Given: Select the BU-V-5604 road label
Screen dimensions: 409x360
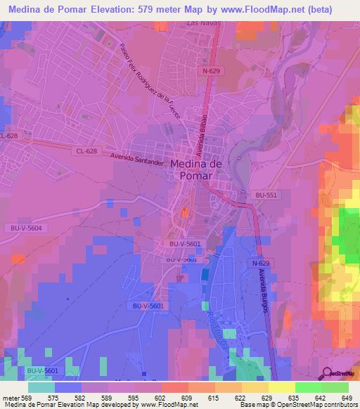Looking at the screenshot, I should pyautogui.click(x=27, y=228).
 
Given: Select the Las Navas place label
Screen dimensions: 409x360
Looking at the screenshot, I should pyautogui.click(x=204, y=23).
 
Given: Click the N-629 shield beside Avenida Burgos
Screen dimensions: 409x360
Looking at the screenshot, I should pyautogui.click(x=256, y=262).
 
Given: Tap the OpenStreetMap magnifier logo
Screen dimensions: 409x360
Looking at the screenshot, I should pyautogui.click(x=328, y=373).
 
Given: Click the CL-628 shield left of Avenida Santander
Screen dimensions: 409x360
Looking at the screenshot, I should pyautogui.click(x=86, y=150).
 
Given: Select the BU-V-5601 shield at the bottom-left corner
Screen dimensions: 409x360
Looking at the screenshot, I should pyautogui.click(x=42, y=370).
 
